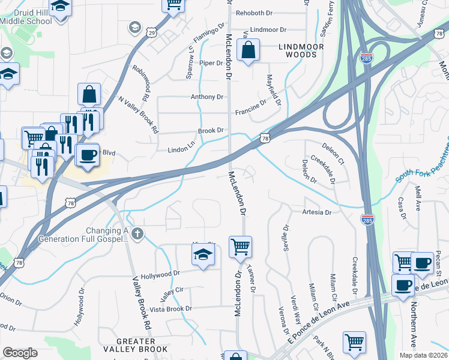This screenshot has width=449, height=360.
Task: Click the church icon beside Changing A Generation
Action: tap(138, 233)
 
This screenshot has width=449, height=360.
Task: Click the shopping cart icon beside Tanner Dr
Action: tap(240, 246)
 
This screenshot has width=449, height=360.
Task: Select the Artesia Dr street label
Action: tap(316, 212)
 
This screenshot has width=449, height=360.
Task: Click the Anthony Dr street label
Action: tap(206, 97)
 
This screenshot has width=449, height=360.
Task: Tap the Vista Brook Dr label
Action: tap(170, 309)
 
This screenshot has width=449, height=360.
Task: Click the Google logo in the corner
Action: tap(20, 353)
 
